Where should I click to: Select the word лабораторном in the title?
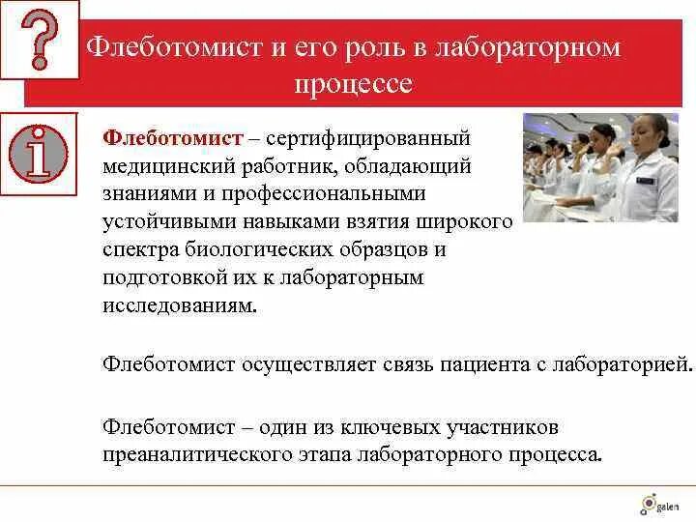tap(529, 47)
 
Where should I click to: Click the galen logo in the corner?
tap(659, 503)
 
